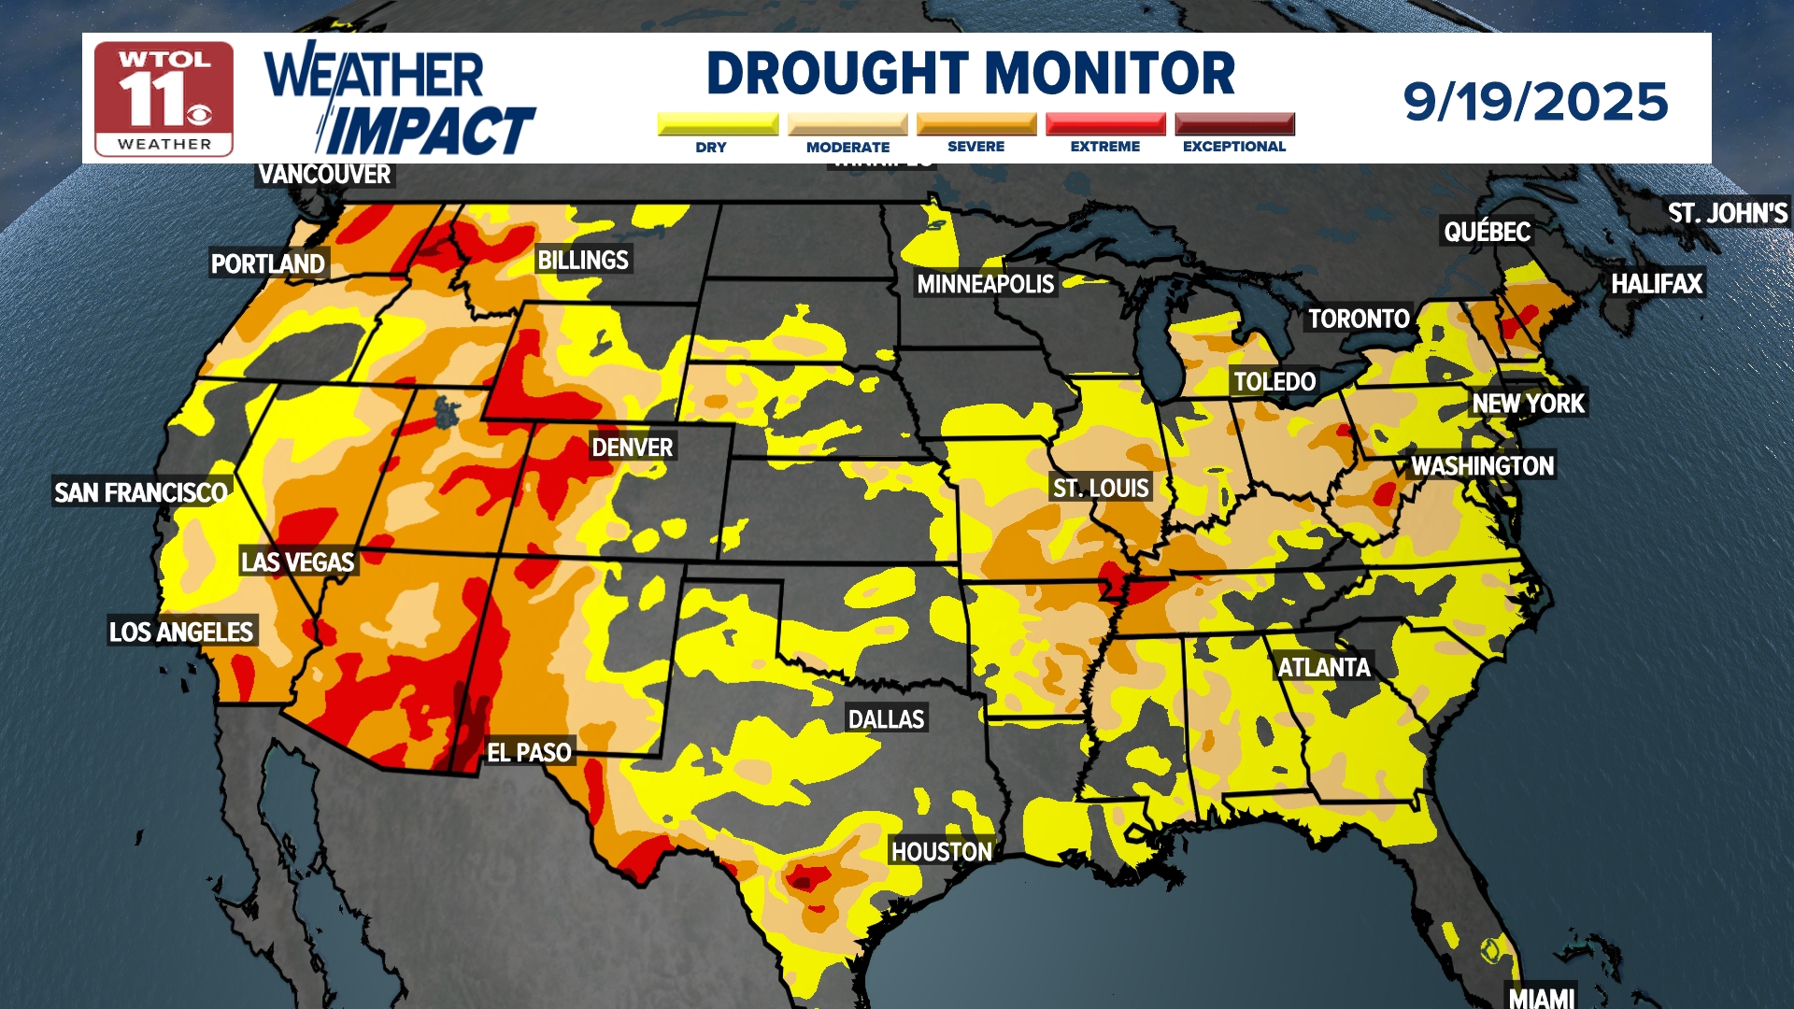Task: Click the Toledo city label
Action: pos(1274,381)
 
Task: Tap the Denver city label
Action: pos(632,448)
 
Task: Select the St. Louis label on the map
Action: pos(1100,488)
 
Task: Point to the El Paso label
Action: pos(529,752)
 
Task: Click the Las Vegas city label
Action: pos(297,561)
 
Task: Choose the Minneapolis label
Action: pos(985,284)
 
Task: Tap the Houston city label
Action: pos(941,851)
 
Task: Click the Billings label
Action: pos(583,260)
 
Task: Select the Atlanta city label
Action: pos(1323,667)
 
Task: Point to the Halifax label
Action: pos(1656,283)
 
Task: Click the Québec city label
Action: pos(1487,231)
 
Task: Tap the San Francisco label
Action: pos(141,492)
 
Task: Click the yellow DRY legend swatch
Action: pos(718,124)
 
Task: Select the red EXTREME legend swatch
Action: pos(1105,124)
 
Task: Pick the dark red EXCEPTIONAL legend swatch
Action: pos(1234,124)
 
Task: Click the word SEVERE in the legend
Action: pos(975,147)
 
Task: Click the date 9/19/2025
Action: pos(1535,101)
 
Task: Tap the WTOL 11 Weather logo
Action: pos(164,99)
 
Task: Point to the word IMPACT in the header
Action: pos(430,130)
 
